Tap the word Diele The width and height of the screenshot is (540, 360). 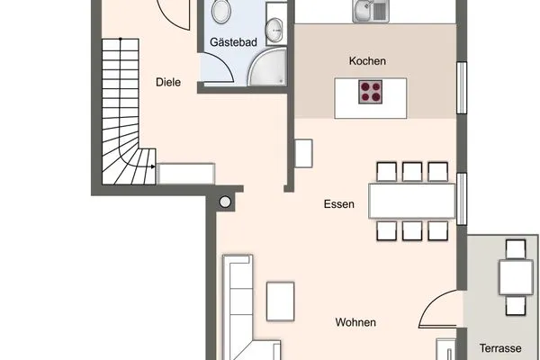pyautogui.click(x=168, y=82)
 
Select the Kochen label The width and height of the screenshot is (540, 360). pyautogui.click(x=368, y=61)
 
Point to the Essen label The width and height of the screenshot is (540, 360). pyautogui.click(x=339, y=204)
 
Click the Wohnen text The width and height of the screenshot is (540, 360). pyautogui.click(x=355, y=322)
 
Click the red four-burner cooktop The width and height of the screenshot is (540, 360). pyautogui.click(x=371, y=91)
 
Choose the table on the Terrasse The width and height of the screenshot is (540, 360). pyautogui.click(x=516, y=279)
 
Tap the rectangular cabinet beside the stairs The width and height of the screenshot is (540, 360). pyautogui.click(x=186, y=172)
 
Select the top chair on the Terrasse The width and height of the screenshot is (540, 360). pyautogui.click(x=516, y=249)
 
